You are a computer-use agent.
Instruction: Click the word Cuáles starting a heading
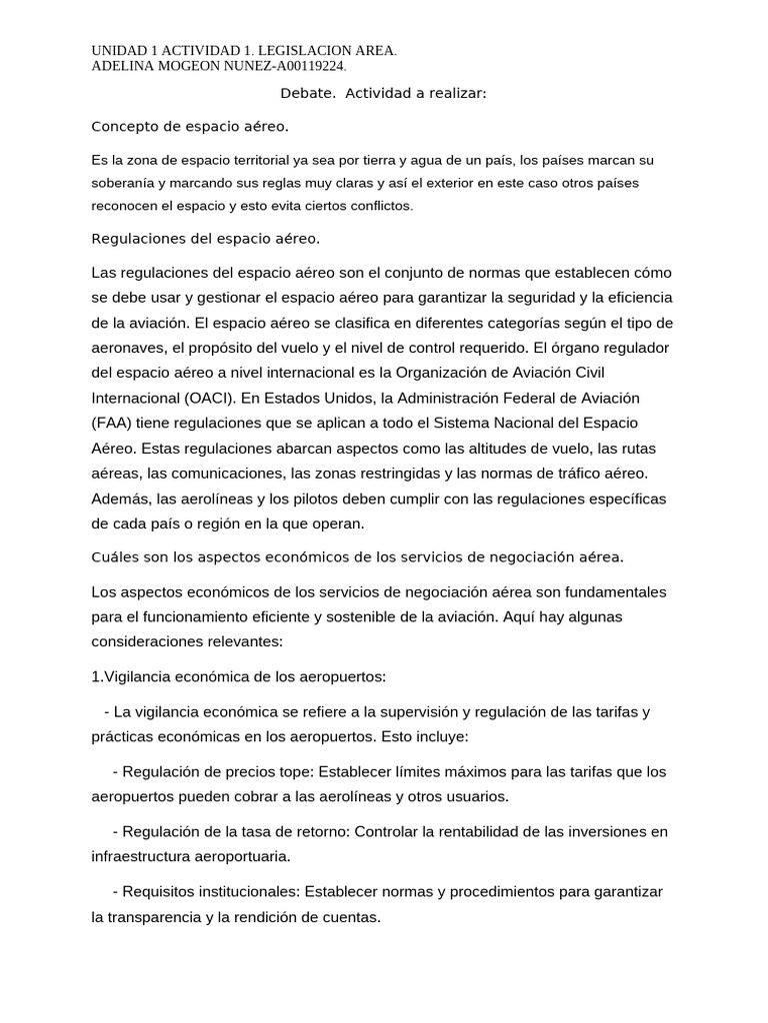coord(116,555)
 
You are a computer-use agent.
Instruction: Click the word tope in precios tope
coord(293,771)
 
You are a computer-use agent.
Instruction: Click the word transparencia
coord(163,916)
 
